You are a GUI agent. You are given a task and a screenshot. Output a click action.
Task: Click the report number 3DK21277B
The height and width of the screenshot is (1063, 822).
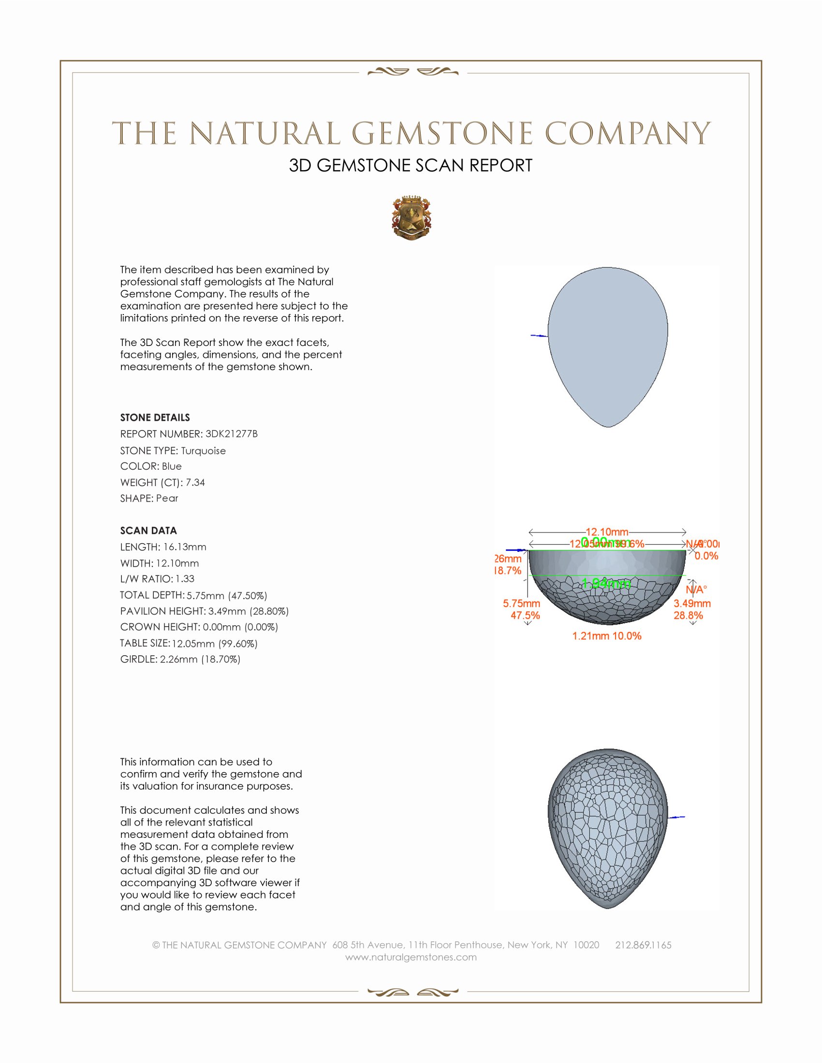231,434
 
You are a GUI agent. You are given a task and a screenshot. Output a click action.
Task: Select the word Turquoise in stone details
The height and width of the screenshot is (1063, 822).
203,451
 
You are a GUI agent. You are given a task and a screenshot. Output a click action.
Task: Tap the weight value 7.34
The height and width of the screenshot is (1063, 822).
195,482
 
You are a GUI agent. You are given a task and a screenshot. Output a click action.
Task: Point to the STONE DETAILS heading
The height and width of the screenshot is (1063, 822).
155,417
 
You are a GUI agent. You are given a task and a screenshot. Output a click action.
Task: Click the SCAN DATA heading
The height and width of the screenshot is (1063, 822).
148,531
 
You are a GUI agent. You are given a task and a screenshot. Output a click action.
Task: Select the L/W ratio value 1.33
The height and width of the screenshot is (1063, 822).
185,579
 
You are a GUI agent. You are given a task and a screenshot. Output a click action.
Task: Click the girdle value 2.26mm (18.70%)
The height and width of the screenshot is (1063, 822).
200,660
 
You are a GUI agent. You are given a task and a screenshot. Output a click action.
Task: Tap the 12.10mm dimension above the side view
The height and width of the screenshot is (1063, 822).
607,531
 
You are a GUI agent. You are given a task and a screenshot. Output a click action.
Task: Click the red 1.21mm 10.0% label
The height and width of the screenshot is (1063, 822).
607,636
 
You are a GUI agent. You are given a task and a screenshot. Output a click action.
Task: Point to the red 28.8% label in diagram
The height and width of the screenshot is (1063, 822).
688,616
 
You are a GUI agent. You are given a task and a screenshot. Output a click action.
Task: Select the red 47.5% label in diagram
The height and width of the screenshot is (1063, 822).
525,616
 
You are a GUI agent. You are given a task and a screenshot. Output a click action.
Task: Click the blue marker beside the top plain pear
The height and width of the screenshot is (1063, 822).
539,336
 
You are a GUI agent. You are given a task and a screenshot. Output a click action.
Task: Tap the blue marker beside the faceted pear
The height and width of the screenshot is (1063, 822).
677,817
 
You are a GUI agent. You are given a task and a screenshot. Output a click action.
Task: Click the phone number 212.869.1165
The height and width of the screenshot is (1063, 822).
643,945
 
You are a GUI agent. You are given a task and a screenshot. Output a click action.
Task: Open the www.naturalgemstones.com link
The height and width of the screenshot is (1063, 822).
411,957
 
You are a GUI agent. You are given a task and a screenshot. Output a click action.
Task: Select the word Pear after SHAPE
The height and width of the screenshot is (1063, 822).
167,499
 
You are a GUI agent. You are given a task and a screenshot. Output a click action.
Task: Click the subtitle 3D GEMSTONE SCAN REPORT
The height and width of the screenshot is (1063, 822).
411,165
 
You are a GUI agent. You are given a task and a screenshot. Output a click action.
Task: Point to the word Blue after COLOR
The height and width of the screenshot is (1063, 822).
172,466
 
